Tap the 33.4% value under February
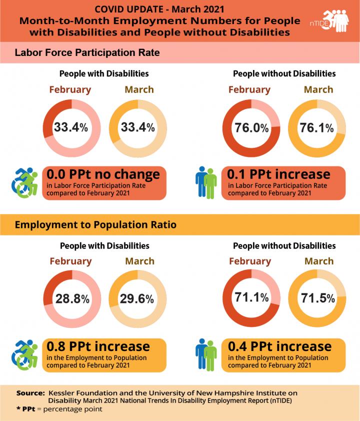(x=70, y=127)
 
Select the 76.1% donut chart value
(x=316, y=127)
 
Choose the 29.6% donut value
(x=136, y=298)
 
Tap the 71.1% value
(x=251, y=298)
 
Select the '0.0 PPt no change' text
(x=103, y=174)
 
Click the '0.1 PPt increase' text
(x=278, y=174)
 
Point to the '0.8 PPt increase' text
(x=98, y=346)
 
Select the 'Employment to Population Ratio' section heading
(x=95, y=224)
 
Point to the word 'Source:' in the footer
(x=30, y=392)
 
